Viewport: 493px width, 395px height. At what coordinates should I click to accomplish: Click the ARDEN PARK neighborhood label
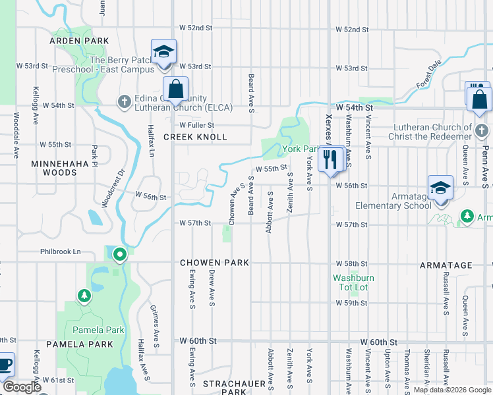click(x=78, y=41)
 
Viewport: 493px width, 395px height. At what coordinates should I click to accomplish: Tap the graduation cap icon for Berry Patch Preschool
click(x=163, y=52)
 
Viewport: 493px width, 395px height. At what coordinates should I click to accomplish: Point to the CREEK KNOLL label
click(x=195, y=137)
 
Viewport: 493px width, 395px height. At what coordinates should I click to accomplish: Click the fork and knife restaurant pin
click(x=330, y=159)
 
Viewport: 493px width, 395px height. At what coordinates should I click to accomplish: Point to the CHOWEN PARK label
click(x=215, y=263)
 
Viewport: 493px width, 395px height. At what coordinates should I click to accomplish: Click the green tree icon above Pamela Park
click(x=84, y=296)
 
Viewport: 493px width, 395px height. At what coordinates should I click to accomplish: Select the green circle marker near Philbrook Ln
click(x=119, y=253)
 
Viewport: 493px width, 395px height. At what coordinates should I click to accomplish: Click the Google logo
click(x=22, y=387)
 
